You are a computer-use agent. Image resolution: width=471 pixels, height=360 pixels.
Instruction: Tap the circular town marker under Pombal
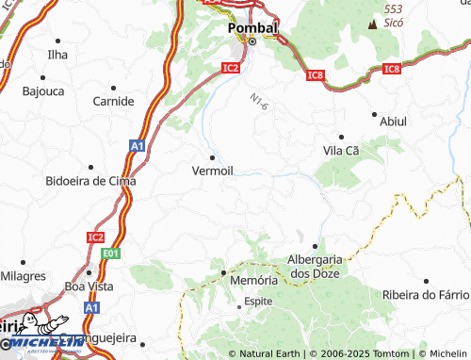tap(252, 41)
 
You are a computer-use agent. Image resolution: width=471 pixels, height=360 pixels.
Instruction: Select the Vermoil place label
tap(212, 171)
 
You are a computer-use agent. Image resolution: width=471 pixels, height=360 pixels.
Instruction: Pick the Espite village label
tap(258, 302)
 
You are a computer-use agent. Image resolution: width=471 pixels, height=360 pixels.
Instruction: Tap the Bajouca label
tap(43, 92)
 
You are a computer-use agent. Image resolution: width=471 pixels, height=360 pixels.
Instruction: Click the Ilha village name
tap(57, 55)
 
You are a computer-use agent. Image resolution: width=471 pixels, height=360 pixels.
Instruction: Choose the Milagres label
tap(23, 276)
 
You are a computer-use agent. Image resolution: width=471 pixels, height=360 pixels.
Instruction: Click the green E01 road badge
tap(112, 253)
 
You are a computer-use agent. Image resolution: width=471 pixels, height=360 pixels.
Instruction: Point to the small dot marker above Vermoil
tap(213, 156)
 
